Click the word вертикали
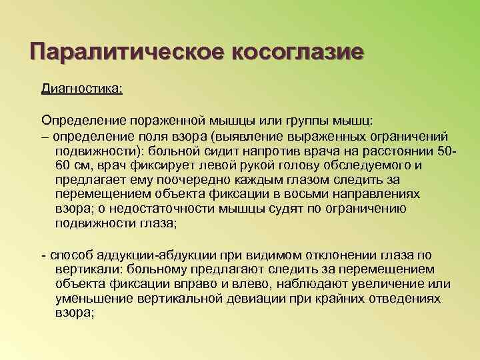pos(94,270)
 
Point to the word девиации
pos(255,299)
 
